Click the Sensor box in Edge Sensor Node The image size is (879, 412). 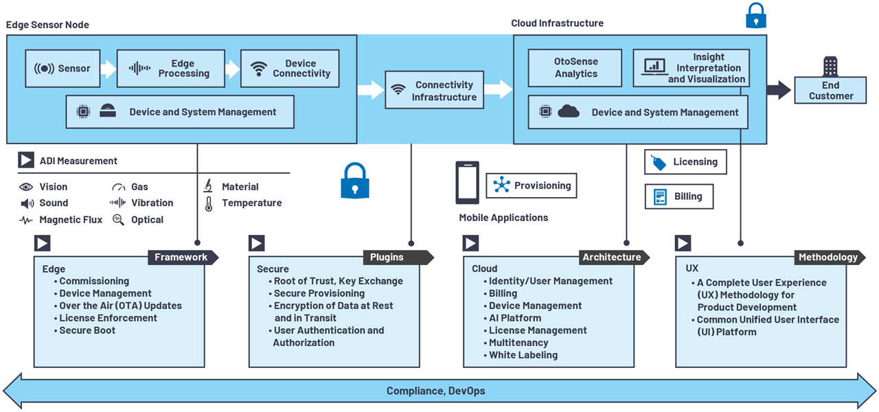(62, 68)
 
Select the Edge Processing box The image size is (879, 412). (170, 68)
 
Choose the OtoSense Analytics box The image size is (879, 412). (575, 68)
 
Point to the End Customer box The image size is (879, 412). (830, 90)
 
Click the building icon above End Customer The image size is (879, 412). (830, 66)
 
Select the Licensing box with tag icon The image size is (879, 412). (685, 162)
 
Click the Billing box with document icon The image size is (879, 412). (678, 196)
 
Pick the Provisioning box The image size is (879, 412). (531, 185)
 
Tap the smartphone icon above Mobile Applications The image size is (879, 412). (467, 183)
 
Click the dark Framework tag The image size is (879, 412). (181, 257)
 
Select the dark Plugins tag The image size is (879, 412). (397, 257)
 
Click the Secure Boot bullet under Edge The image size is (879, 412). (87, 330)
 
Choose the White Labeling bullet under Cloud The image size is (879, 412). (523, 355)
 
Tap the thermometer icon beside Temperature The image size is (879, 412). (209, 203)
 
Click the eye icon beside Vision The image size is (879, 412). (26, 187)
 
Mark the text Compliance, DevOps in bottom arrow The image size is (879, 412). (435, 391)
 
